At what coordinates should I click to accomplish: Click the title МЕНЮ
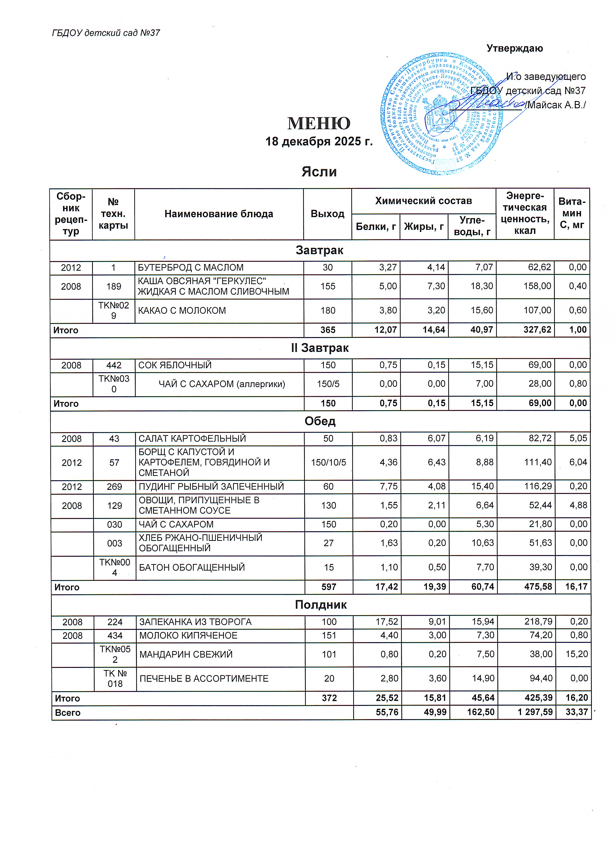tap(319, 123)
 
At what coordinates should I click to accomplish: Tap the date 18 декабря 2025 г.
tap(319, 141)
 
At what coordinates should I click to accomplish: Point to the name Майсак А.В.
tap(556, 105)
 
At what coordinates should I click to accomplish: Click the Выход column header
tap(327, 214)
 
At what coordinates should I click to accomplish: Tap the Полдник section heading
tap(320, 604)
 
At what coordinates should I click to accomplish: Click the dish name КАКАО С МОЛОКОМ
tap(182, 310)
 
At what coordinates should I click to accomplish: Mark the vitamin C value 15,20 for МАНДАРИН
tap(576, 654)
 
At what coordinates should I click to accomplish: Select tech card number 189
tap(114, 286)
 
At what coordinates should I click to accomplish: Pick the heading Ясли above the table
tap(319, 172)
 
